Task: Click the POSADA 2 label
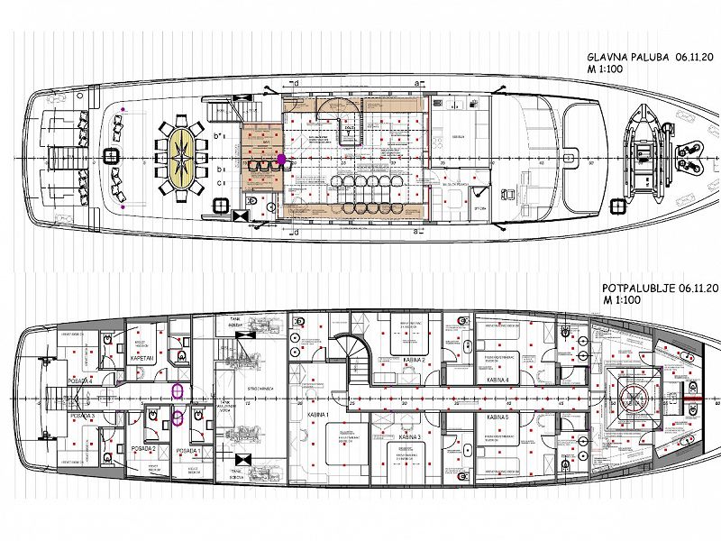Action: point(142,449)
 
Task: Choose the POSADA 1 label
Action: point(188,449)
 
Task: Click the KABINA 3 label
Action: point(410,437)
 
